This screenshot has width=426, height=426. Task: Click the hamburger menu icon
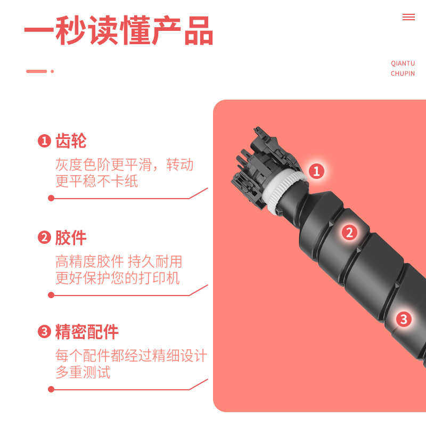point(408,17)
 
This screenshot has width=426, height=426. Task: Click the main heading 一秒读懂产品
point(118,31)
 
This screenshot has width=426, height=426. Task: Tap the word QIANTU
point(403,63)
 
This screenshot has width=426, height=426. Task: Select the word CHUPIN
point(403,73)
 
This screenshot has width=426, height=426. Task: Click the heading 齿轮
point(70,141)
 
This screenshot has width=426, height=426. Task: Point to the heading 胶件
point(70,237)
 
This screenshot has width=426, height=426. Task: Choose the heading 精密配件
point(86,332)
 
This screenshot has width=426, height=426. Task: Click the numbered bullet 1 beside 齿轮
point(44,142)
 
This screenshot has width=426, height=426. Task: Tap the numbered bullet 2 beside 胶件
point(44,238)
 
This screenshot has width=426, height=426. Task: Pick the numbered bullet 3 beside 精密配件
point(44,333)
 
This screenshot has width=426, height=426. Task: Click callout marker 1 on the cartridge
point(316,171)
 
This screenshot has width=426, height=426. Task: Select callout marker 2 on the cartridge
point(349,232)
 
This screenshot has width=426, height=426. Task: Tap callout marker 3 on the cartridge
point(404,319)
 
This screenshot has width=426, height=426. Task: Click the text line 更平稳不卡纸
point(96,181)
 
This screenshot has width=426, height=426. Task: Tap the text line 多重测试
point(83,372)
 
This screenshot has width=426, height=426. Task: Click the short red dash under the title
point(37,71)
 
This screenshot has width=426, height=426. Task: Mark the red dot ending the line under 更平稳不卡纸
point(51,198)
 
